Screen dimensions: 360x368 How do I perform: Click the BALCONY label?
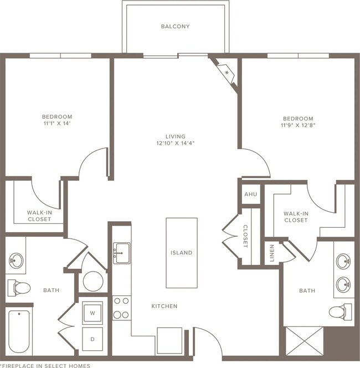(175, 26)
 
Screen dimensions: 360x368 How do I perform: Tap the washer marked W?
(92, 313)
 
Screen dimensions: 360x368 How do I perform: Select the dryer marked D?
(92, 339)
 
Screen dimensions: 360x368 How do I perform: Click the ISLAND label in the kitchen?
(181, 253)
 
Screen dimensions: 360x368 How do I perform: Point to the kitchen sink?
(122, 253)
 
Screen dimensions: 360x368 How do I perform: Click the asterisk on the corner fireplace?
(227, 73)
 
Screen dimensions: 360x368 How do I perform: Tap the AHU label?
(251, 195)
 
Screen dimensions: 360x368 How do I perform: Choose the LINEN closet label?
(272, 253)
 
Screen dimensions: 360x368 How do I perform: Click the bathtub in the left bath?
(19, 331)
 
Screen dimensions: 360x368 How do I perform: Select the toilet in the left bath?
(19, 288)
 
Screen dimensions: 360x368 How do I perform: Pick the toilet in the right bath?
(340, 311)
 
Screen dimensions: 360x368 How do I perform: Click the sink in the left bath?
(16, 260)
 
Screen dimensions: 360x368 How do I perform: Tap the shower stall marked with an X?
(305, 341)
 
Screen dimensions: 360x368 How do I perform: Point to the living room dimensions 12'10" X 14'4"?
(176, 143)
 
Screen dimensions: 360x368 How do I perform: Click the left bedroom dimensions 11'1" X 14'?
(57, 124)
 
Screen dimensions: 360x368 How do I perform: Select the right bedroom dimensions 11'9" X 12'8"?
(298, 125)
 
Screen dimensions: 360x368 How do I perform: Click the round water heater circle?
(93, 282)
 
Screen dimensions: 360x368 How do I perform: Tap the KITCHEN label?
(164, 306)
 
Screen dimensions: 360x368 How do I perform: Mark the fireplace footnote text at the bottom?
(45, 366)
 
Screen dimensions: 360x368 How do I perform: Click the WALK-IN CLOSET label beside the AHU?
(296, 217)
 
